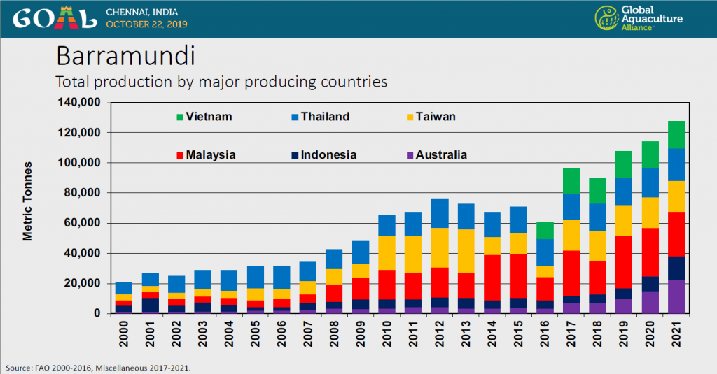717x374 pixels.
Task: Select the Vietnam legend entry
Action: (x=204, y=117)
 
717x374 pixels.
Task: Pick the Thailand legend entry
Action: (x=319, y=117)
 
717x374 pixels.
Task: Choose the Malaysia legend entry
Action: (x=206, y=154)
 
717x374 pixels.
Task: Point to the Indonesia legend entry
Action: (x=322, y=154)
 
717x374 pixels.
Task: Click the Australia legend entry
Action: (x=434, y=154)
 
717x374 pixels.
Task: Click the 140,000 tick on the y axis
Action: (x=81, y=103)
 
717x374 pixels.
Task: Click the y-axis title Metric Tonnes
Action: (x=27, y=208)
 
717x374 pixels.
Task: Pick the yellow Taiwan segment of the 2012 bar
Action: (x=440, y=247)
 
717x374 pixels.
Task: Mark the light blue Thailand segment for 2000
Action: (x=124, y=288)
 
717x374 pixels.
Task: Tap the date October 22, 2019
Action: (x=146, y=24)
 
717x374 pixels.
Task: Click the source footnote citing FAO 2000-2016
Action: (x=97, y=368)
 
